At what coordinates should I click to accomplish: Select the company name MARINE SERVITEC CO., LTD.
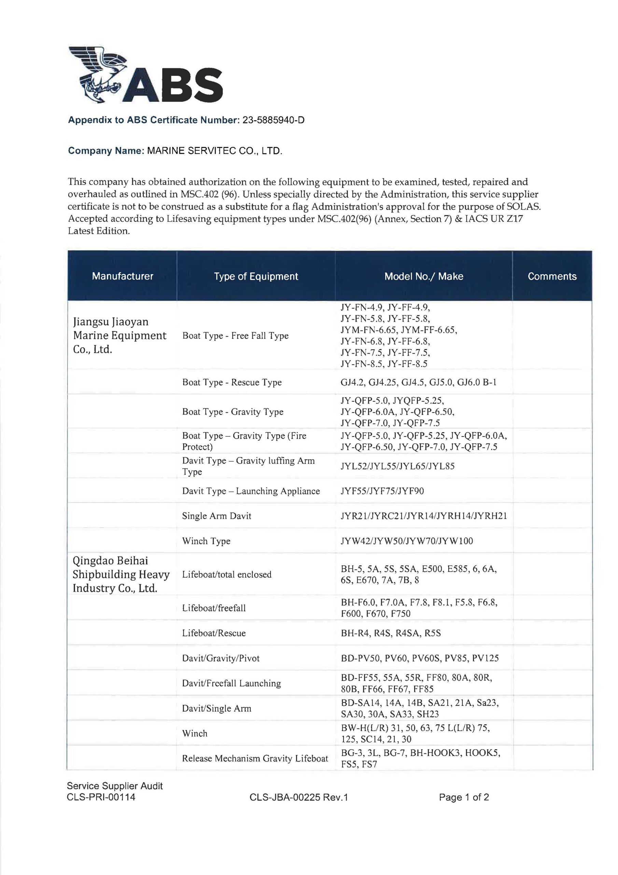coord(214,151)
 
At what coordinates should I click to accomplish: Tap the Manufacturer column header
coord(122,276)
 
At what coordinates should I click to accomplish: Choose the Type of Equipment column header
coord(256,276)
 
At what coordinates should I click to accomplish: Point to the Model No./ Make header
coord(423,276)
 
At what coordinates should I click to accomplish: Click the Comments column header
coord(552,276)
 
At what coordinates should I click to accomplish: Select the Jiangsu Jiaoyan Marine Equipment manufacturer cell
coord(120,335)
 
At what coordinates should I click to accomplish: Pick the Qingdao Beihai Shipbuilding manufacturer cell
coord(121,574)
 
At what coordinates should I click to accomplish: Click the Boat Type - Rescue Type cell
coord(232,382)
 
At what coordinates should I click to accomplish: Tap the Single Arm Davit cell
coord(217,516)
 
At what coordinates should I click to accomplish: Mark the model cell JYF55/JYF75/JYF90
coord(382,491)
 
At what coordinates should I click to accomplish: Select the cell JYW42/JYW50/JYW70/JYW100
coord(407,541)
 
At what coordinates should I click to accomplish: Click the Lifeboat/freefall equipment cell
coord(214,608)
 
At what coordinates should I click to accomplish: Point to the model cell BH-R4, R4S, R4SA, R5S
coord(391,633)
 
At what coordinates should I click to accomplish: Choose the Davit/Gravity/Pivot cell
coord(221,658)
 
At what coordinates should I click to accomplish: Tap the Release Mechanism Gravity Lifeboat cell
coord(255,758)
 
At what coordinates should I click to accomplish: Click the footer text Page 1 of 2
coord(464,797)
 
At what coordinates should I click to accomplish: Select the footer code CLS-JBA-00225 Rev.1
coord(299,797)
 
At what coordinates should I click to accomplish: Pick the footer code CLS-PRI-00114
coord(101,797)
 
